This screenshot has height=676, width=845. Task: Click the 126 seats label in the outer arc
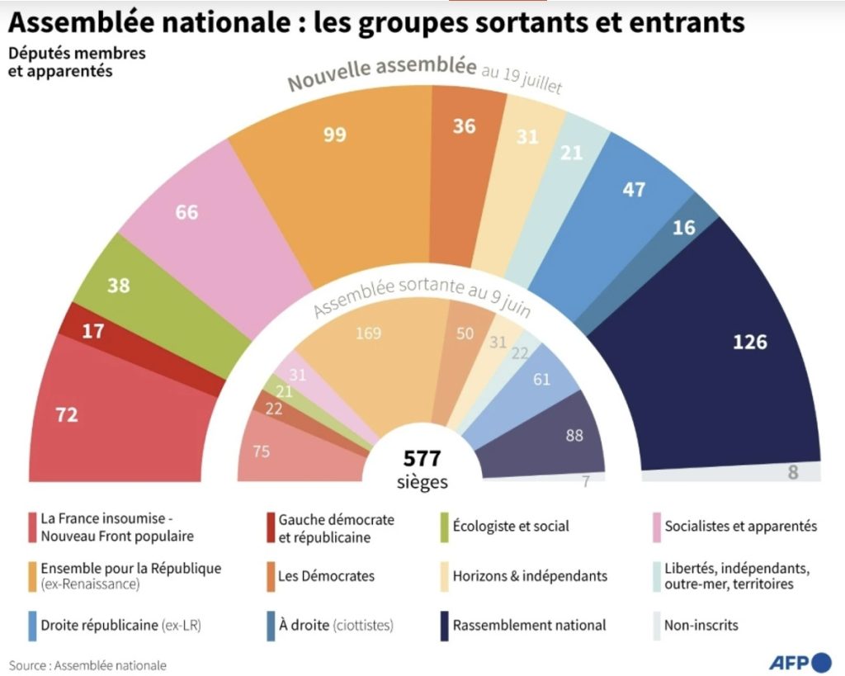click(x=749, y=341)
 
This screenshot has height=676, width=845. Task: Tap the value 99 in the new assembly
click(x=334, y=135)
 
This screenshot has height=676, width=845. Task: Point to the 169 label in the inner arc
click(x=368, y=333)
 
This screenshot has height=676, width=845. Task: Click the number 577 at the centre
click(x=422, y=458)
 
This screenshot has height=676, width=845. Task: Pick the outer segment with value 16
click(x=684, y=228)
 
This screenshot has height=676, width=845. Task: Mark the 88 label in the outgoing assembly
click(x=575, y=434)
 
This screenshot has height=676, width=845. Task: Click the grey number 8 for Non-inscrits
click(x=794, y=473)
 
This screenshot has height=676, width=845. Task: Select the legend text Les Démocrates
click(x=326, y=575)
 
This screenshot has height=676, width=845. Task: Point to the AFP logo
click(x=800, y=661)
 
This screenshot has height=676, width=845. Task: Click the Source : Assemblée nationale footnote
click(x=88, y=664)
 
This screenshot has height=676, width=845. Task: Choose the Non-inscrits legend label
click(x=701, y=625)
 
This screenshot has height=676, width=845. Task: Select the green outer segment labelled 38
click(x=119, y=285)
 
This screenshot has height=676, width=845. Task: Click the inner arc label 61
click(x=542, y=380)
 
